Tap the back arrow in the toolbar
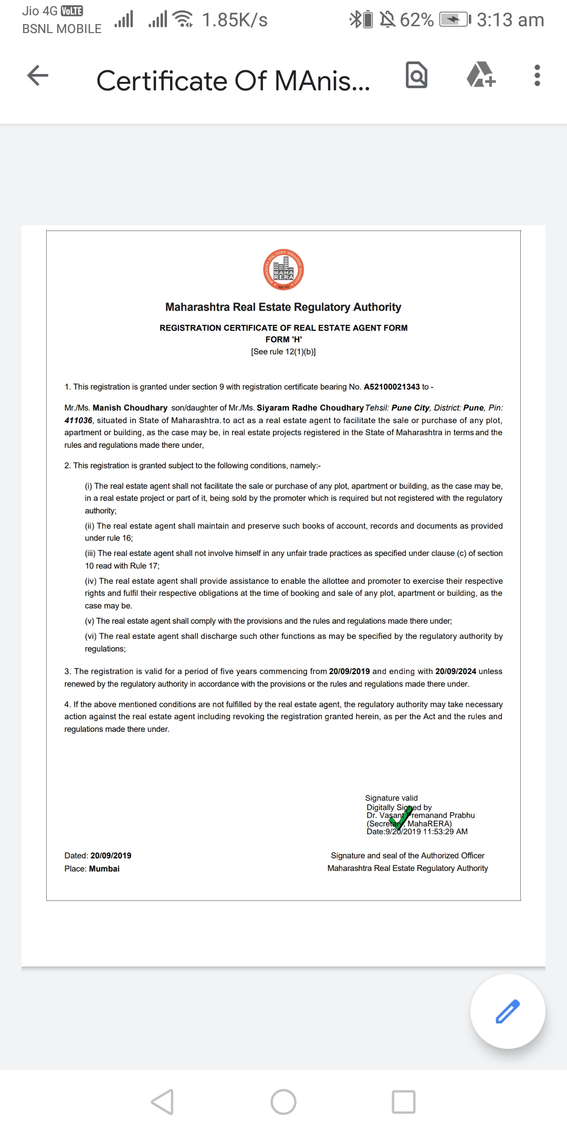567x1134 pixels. pyautogui.click(x=38, y=76)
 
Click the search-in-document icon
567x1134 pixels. pyautogui.click(x=417, y=76)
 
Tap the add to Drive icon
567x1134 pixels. pyautogui.click(x=481, y=75)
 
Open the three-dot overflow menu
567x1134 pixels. pyautogui.click(x=537, y=76)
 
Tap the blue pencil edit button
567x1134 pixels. pyautogui.click(x=507, y=1011)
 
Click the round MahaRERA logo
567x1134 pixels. pyautogui.click(x=283, y=270)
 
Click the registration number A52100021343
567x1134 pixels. pyautogui.click(x=392, y=387)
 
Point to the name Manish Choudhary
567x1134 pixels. pyautogui.click(x=130, y=408)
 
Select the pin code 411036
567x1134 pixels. pyautogui.click(x=78, y=421)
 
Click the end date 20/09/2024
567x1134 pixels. pyautogui.click(x=456, y=671)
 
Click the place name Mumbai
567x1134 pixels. pyautogui.click(x=104, y=869)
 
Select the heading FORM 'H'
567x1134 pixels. pyautogui.click(x=283, y=340)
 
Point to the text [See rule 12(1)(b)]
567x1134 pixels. pyautogui.click(x=283, y=352)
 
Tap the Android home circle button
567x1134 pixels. pyautogui.click(x=283, y=1101)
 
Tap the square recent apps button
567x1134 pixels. pyautogui.click(x=404, y=1101)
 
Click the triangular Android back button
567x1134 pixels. pyautogui.click(x=163, y=1101)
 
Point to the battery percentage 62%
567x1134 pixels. pyautogui.click(x=417, y=20)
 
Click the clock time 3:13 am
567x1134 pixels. pyautogui.click(x=510, y=20)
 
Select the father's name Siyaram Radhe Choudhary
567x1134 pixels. pyautogui.click(x=310, y=408)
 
